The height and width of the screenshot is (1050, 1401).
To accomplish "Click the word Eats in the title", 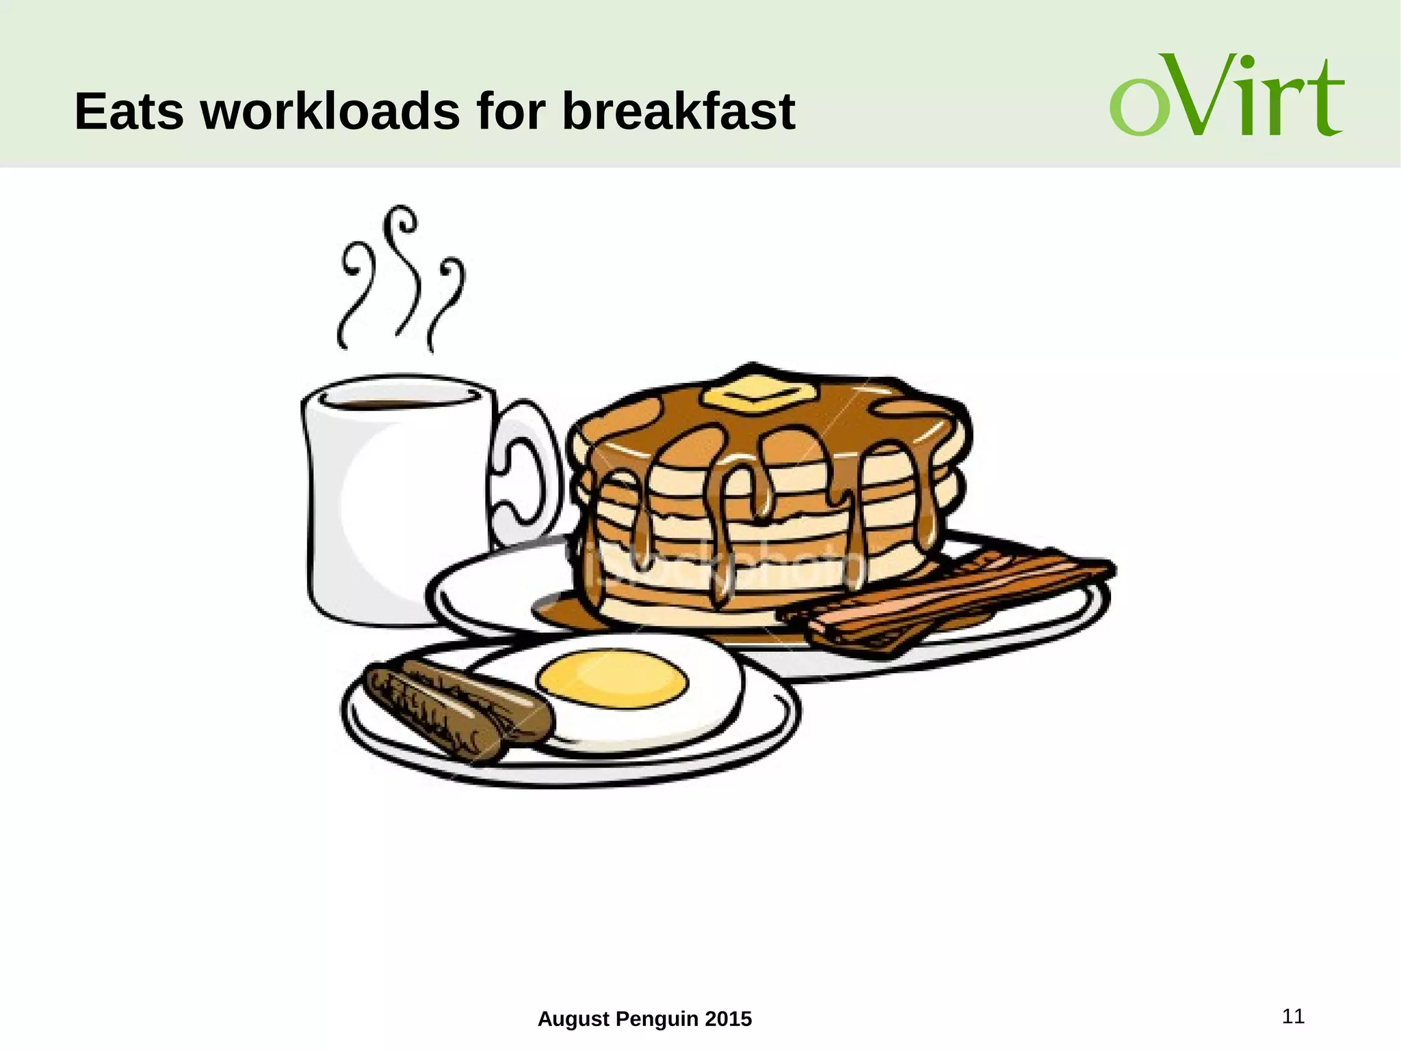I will tap(129, 111).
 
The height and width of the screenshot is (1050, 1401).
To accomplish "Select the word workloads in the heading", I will tap(330, 111).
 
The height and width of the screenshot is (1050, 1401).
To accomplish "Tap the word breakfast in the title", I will tap(678, 111).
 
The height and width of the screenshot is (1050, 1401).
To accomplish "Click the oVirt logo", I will tap(1227, 96).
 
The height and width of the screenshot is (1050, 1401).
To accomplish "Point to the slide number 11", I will tap(1293, 1016).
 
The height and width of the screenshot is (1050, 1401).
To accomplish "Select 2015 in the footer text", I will tap(728, 1019).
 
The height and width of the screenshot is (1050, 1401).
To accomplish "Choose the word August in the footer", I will tap(573, 1019).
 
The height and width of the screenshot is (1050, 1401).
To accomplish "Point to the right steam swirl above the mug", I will tap(448, 301).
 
